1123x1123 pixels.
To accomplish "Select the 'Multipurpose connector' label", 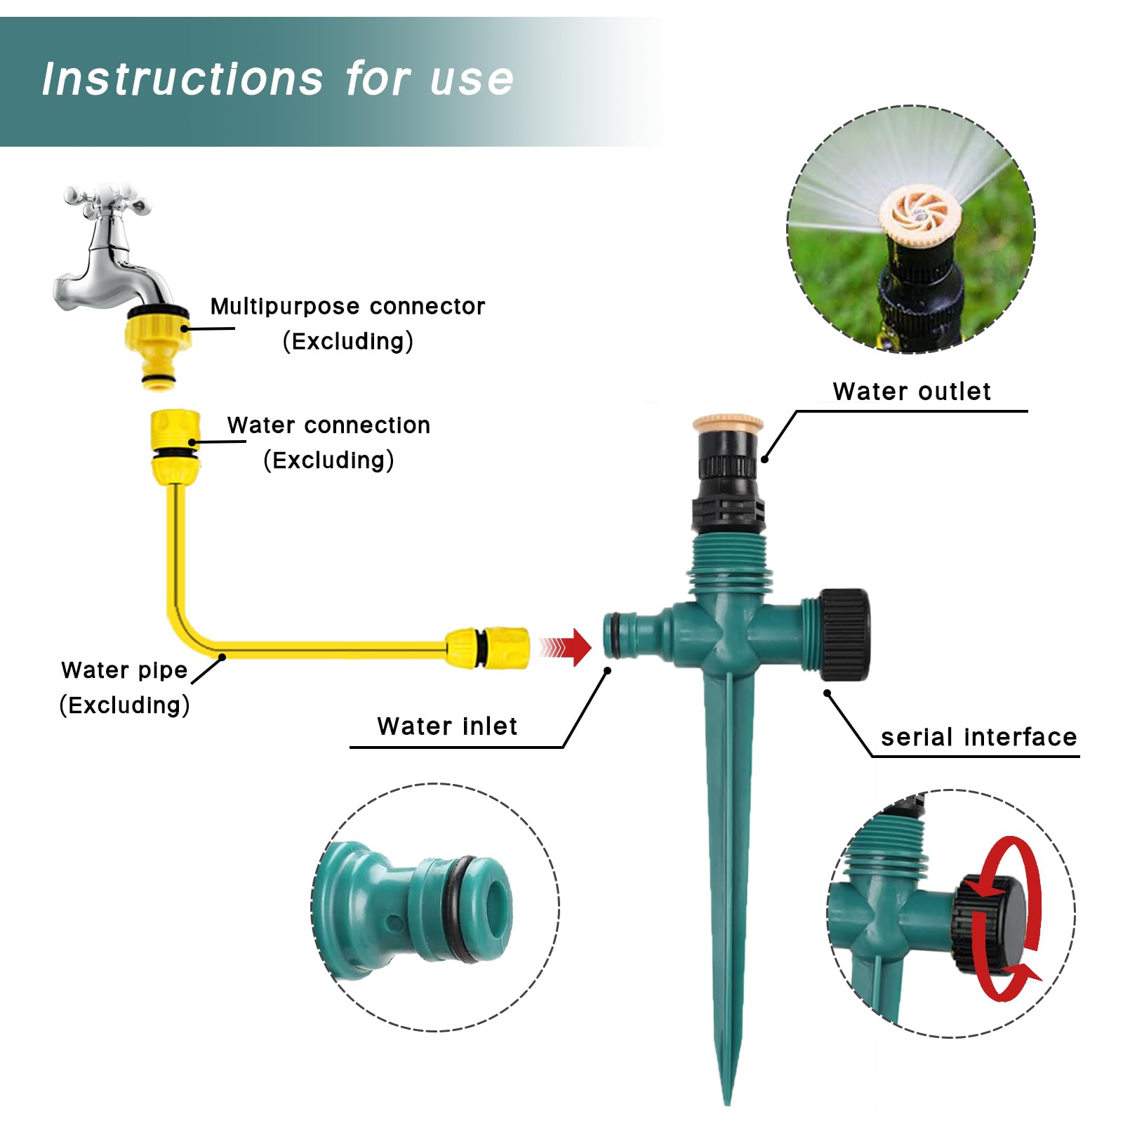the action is [347, 306].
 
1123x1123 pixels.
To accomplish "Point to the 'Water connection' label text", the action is [328, 425].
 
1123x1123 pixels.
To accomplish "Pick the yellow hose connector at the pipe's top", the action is [175, 446].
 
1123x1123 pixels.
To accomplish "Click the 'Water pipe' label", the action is [124, 670].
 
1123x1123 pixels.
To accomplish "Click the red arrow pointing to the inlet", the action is [566, 646].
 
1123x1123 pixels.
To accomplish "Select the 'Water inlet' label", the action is [447, 726].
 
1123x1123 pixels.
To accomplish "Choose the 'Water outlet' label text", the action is [912, 391].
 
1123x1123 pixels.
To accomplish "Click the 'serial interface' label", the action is [978, 737].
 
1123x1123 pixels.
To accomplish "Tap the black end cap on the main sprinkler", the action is [845, 634].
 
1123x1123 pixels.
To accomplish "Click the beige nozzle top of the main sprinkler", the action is [728, 423].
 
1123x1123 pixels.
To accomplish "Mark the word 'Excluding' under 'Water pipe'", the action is [124, 705].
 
